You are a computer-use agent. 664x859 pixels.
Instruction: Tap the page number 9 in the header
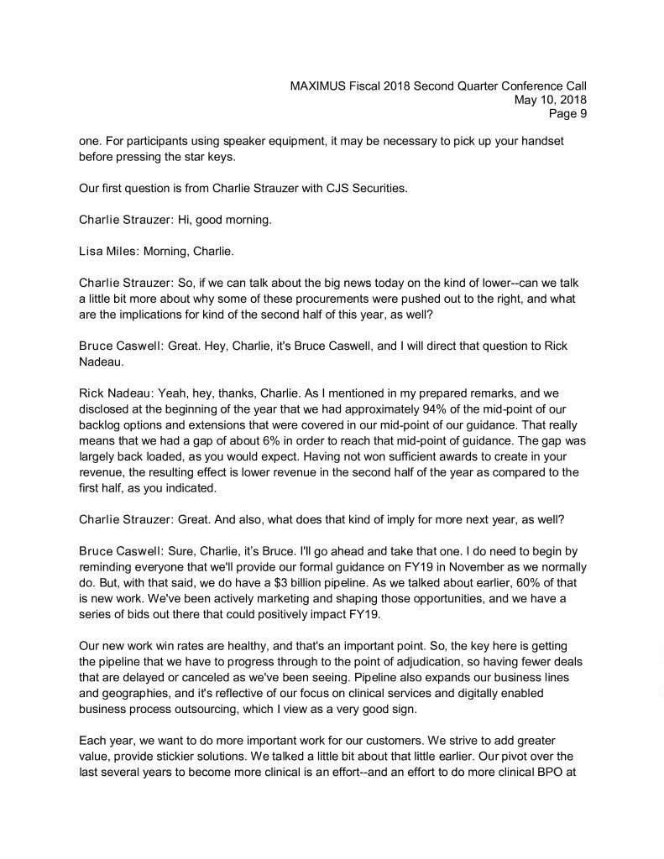[582, 114]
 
